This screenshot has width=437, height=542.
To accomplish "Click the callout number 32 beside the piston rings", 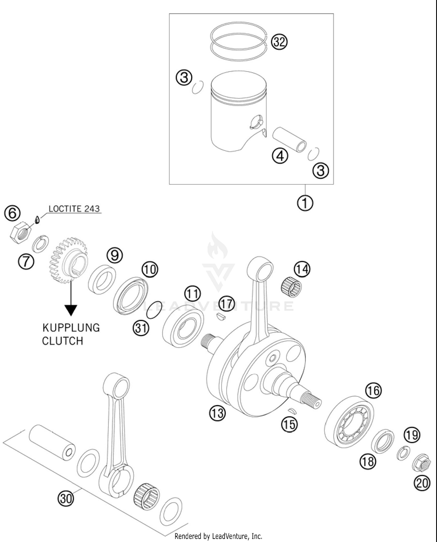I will coord(279,42).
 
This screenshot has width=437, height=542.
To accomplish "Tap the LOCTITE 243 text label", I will coord(74,209).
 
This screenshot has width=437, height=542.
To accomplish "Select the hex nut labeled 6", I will coord(21,232).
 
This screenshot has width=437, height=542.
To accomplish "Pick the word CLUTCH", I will coord(62,341).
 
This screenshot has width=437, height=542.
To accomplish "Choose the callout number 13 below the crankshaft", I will coord(217,413).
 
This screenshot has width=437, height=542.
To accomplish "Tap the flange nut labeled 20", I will coord(421,463).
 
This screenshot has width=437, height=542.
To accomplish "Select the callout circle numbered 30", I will coord(66,498).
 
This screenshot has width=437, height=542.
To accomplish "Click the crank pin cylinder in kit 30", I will coord(52,442).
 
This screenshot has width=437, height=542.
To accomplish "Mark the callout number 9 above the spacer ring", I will coord(114,255).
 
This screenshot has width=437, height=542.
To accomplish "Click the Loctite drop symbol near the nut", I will coord(37,220).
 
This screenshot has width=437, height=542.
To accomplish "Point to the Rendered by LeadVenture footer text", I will coord(218,536).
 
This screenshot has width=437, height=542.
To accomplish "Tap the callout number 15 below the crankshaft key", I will coord(289,424).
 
